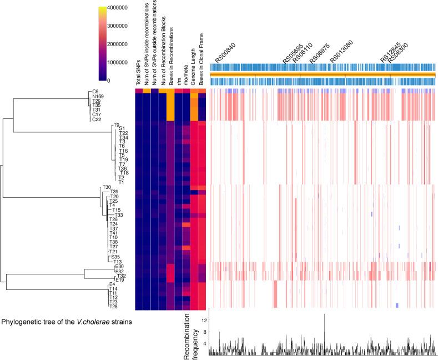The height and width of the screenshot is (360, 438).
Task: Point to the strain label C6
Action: coord(95,92)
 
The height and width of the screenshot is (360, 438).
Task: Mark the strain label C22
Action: coord(96,119)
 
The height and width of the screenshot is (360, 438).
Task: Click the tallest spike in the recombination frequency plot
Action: coord(324,316)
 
